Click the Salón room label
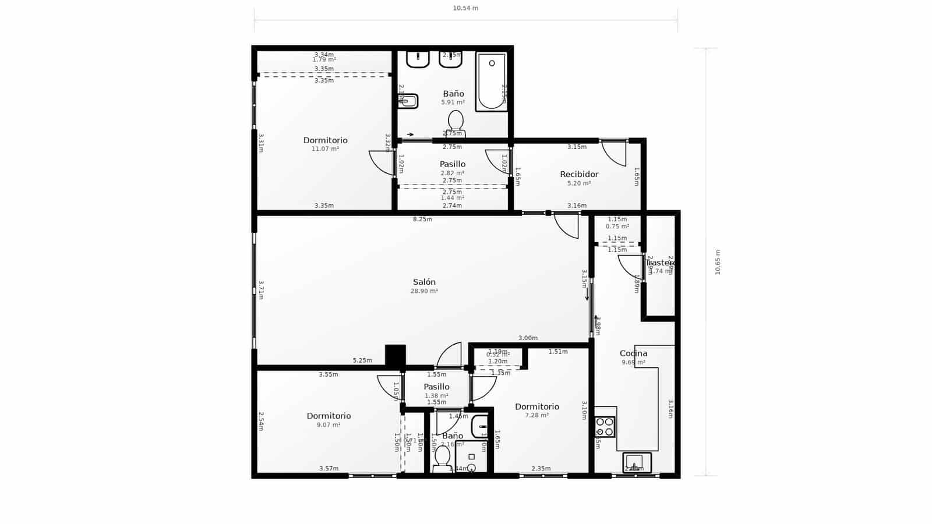(424, 282)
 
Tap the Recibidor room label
(579, 174)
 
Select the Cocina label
(633, 353)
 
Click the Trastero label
(660, 263)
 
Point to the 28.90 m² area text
(424, 291)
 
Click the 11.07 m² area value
(325, 149)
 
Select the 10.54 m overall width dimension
(465, 8)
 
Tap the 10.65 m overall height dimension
(718, 262)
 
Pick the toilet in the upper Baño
(456, 122)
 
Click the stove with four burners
(605, 427)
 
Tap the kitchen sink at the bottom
(636, 462)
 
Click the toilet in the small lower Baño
(442, 457)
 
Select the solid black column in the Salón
(396, 355)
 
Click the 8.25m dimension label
(422, 219)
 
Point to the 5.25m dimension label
(362, 360)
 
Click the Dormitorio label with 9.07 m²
(329, 416)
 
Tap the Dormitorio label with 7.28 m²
(536, 406)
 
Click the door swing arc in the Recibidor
(613, 153)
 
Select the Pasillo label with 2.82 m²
(453, 164)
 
